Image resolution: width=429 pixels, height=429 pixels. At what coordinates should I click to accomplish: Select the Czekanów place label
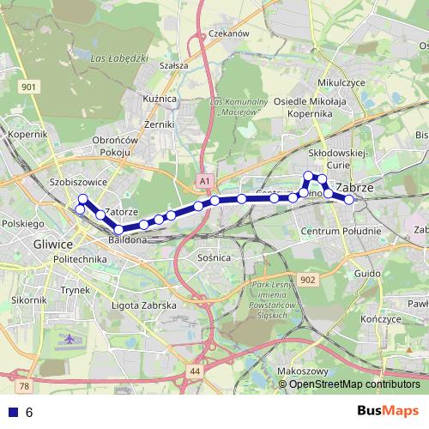(228, 33)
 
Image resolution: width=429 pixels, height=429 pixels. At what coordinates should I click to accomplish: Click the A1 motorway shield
(203, 182)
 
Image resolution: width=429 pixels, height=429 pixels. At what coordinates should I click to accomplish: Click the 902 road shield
(309, 281)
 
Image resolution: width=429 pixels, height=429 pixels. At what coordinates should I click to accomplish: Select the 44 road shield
(196, 371)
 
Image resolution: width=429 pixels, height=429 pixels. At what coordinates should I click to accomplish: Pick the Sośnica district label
(214, 257)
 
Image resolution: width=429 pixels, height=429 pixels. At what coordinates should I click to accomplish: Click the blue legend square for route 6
(13, 413)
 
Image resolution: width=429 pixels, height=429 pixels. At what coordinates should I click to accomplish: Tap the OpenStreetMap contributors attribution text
(354, 384)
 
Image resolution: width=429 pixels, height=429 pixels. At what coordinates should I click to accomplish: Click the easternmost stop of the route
(349, 200)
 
